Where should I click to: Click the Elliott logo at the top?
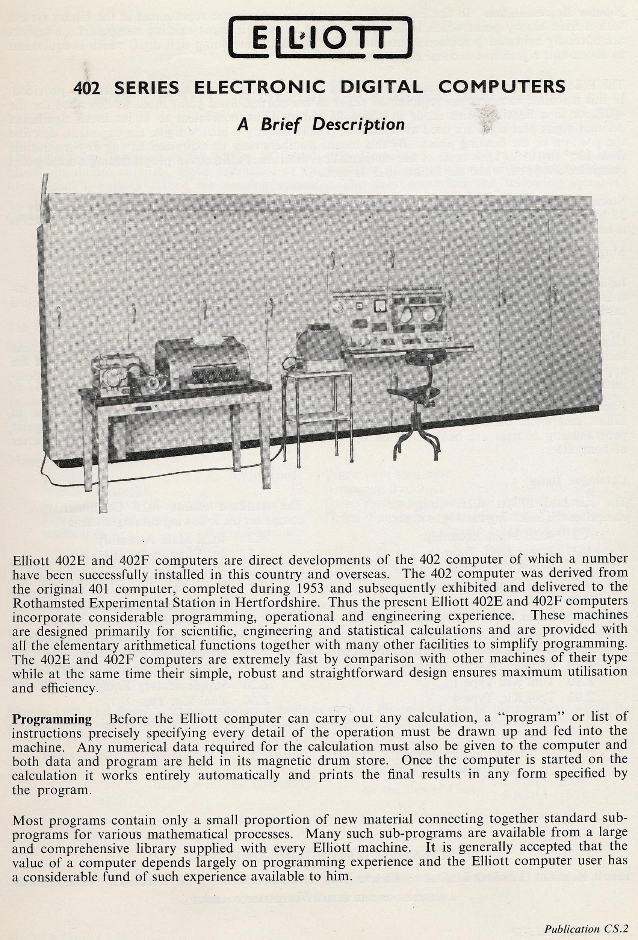click(x=320, y=37)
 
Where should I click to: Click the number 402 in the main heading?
click(x=86, y=87)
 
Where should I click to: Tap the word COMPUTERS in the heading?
click(x=501, y=86)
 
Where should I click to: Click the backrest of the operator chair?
click(x=425, y=357)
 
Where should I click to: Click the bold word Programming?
click(x=52, y=719)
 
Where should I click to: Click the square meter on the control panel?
click(x=380, y=306)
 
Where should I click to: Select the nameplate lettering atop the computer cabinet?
click(x=350, y=202)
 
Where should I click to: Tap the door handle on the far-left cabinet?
click(x=59, y=315)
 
